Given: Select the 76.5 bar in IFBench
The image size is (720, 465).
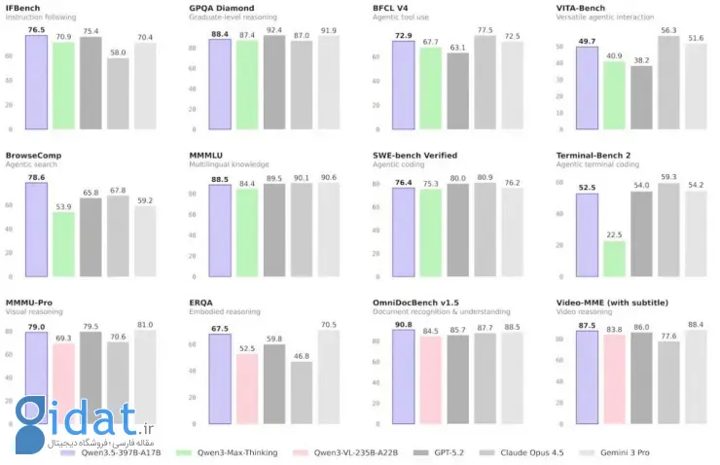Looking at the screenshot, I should [x=37, y=83].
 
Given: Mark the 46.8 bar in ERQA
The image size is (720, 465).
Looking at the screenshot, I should [x=302, y=393].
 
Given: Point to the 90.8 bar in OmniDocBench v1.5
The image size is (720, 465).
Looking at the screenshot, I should [x=404, y=378].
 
